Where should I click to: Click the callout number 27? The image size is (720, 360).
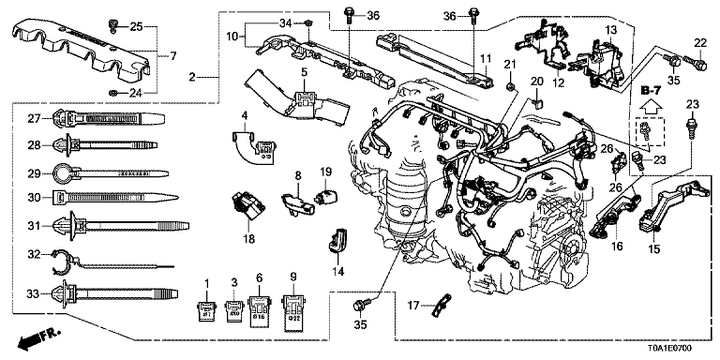[32, 118]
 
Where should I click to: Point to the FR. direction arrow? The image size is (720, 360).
[35, 337]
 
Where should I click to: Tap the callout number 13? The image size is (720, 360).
[611, 32]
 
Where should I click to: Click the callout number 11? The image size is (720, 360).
[486, 59]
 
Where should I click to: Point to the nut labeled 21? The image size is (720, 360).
[508, 86]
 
